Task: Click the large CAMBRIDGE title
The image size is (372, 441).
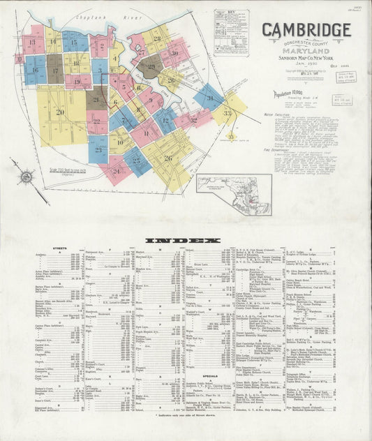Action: [306, 30]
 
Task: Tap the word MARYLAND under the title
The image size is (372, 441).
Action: [306, 50]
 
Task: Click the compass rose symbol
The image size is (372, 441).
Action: [26, 177]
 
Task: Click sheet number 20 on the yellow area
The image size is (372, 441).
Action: [60, 112]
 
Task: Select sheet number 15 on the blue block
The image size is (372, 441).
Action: [74, 42]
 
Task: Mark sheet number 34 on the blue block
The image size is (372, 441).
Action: [208, 97]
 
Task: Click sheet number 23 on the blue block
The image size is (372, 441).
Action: [98, 149]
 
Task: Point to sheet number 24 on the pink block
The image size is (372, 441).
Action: [115, 170]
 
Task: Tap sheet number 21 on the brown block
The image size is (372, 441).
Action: [97, 99]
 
